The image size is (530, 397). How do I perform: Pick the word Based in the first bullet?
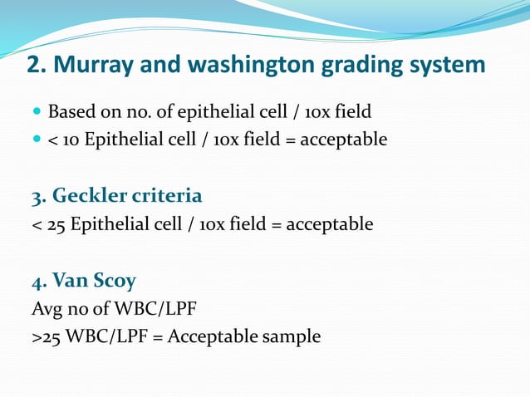pyautogui.click(x=69, y=111)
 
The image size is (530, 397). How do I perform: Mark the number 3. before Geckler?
pyautogui.click(x=39, y=197)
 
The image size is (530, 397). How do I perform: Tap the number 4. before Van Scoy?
pyautogui.click(x=39, y=282)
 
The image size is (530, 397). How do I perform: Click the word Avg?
pyautogui.click(x=47, y=310)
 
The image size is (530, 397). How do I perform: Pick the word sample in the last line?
pyautogui.click(x=292, y=338)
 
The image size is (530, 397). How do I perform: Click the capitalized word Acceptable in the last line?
pyautogui.click(x=215, y=338)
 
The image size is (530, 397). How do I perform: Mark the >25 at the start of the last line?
pyautogui.click(x=44, y=338)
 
